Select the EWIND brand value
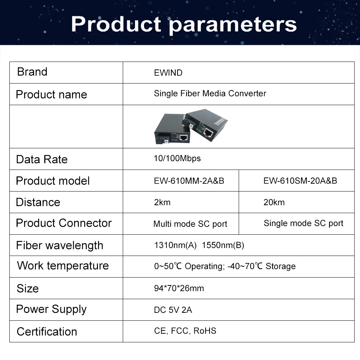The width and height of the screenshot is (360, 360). (x=168, y=73)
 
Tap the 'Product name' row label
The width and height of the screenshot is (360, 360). (x=51, y=94)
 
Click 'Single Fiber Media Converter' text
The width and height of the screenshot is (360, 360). (x=210, y=94)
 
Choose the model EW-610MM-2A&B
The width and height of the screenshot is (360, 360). (x=189, y=181)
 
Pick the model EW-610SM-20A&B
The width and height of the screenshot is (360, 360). (x=300, y=181)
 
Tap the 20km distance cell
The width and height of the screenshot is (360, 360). (x=274, y=202)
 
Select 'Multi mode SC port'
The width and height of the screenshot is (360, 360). (x=190, y=224)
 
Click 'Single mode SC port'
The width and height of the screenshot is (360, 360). (x=303, y=223)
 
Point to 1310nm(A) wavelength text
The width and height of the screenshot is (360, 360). (x=175, y=246)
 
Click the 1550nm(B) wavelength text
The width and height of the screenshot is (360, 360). (x=223, y=246)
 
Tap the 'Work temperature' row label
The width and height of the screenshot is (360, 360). (x=63, y=266)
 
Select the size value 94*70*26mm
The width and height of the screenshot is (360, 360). (x=179, y=288)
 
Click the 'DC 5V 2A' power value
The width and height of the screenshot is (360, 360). (x=173, y=310)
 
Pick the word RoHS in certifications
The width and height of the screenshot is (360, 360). (x=205, y=331)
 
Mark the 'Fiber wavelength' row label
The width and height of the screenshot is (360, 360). (x=59, y=246)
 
